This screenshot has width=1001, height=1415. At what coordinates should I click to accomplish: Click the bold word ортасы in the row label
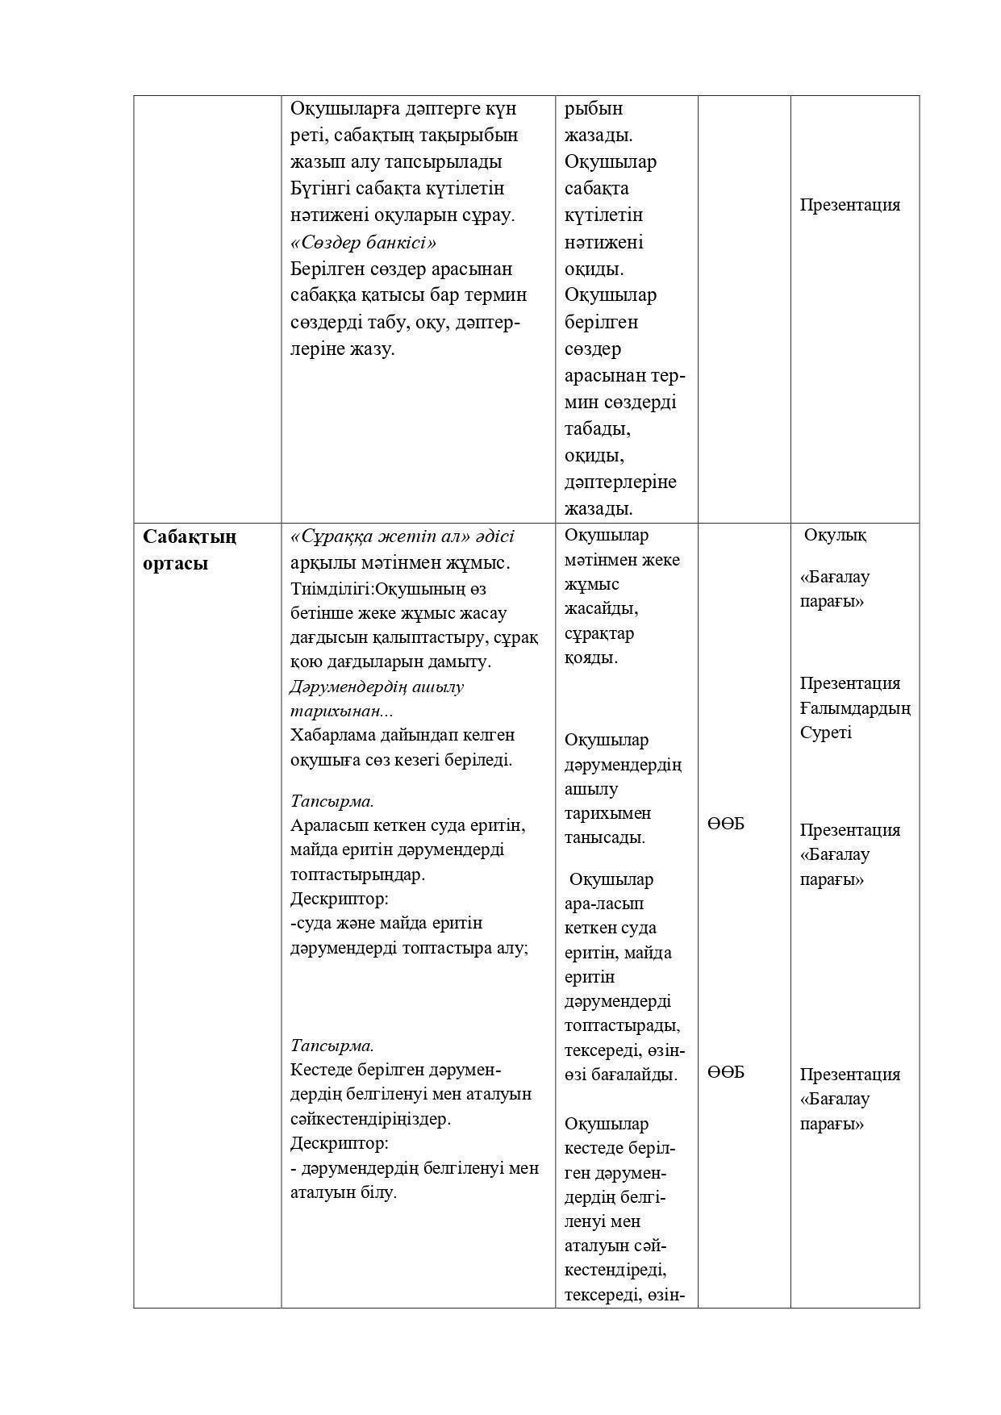coord(175,563)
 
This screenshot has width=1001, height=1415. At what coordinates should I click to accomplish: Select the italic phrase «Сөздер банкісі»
coord(363,242)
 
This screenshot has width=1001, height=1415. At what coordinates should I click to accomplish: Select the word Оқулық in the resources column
coord(836,535)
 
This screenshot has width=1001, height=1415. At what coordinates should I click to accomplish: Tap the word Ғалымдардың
coord(854,708)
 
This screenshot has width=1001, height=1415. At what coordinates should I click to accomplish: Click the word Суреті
coord(825,733)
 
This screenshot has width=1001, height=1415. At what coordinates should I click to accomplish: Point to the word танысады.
coord(604,837)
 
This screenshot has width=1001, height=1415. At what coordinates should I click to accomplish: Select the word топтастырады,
coord(621,1026)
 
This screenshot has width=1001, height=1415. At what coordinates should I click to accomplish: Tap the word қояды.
coord(590,657)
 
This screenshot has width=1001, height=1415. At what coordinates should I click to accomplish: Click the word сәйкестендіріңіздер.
coord(370,1119)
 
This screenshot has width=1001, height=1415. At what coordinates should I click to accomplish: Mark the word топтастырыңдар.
coord(357,874)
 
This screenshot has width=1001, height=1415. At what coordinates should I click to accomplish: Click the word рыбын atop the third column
coord(593,108)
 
